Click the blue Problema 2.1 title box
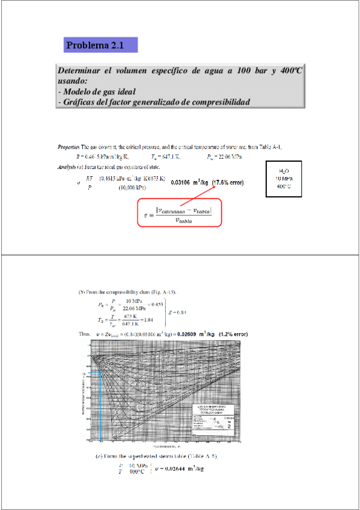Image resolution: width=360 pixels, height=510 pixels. pos(101,45)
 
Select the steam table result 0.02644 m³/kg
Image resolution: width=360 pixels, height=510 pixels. pos(180,469)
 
